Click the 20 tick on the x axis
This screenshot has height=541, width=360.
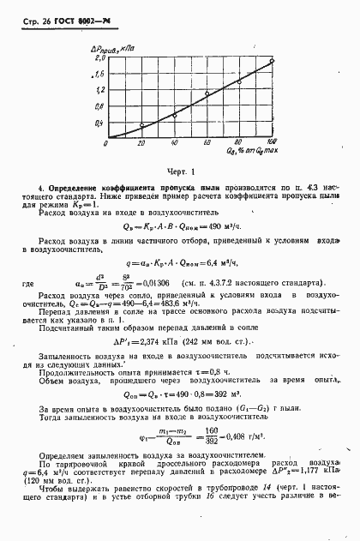(141, 144)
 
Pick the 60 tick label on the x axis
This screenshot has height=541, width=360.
(207, 144)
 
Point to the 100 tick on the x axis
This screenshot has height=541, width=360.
(272, 143)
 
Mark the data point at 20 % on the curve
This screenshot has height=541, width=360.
(141, 126)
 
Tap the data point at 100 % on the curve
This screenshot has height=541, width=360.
(272, 61)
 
